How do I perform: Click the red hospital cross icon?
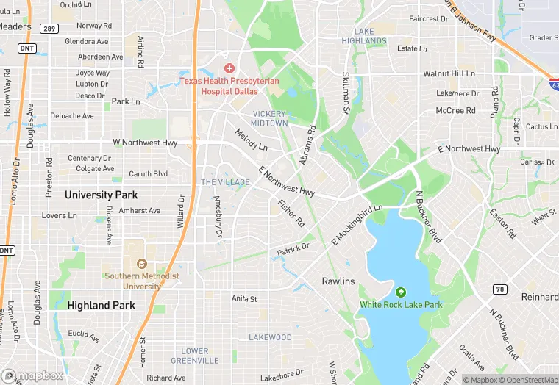tap(229, 68)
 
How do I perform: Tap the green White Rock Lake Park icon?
tap(401, 292)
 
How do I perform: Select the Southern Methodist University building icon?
tap(142, 263)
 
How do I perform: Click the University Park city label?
tap(101, 195)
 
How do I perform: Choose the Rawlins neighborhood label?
tap(338, 281)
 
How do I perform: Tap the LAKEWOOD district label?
tap(270, 337)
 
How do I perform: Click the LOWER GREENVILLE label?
tap(195, 356)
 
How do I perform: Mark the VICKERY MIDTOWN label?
tap(270, 118)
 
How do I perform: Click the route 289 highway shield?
tap(50, 28)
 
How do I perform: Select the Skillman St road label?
tap(345, 93)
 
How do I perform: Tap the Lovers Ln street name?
tap(59, 216)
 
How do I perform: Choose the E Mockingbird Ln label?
tap(357, 223)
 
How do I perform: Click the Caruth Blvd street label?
tap(149, 174)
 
